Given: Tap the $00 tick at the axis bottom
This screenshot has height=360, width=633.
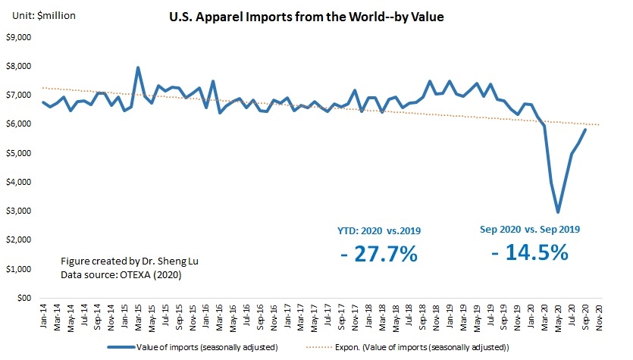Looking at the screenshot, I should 23,298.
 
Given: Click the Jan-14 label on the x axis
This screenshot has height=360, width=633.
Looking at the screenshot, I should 43,315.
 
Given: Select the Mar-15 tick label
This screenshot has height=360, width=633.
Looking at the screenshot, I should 138,315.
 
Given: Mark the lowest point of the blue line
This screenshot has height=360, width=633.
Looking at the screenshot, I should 558,212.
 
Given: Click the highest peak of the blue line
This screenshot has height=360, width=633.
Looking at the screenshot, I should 138,67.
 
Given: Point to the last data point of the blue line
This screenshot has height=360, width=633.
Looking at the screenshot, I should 585,130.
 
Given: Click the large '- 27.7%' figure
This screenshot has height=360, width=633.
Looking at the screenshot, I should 379,254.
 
